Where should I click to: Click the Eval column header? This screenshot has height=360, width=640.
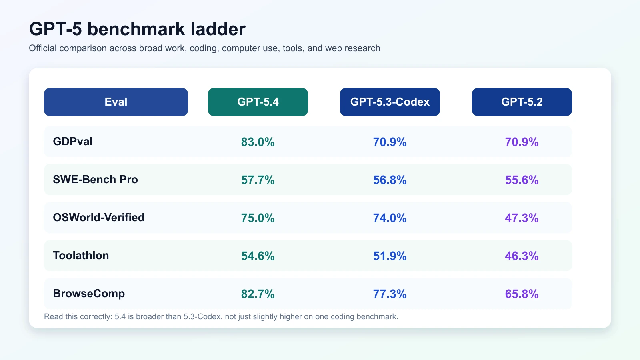click(x=116, y=102)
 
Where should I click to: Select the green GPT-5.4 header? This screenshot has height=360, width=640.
click(x=258, y=102)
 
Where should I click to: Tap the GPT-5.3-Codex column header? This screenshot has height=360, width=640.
click(x=390, y=102)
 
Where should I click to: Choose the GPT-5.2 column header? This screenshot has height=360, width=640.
click(x=522, y=102)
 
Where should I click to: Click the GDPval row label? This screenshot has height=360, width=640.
click(x=73, y=142)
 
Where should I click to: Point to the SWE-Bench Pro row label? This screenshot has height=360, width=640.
click(x=95, y=180)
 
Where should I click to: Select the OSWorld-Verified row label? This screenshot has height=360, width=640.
click(x=99, y=218)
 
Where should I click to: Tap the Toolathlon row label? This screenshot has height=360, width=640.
click(x=81, y=256)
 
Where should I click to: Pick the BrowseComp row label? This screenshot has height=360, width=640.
click(x=89, y=294)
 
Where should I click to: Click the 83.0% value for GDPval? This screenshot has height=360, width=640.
click(x=258, y=142)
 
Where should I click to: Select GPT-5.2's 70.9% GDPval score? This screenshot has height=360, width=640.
click(x=522, y=142)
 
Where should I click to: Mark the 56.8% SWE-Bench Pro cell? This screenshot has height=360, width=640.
click(x=390, y=180)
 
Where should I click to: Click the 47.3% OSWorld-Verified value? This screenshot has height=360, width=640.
click(x=522, y=218)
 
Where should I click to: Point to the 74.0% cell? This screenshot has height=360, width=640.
click(x=390, y=218)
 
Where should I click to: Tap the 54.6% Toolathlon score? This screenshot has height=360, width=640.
click(x=258, y=256)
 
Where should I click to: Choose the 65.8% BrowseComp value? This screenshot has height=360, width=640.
click(x=522, y=294)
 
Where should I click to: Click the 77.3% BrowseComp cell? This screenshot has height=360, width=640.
click(x=390, y=294)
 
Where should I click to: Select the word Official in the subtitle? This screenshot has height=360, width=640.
click(x=43, y=48)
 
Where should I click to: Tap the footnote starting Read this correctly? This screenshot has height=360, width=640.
click(x=221, y=317)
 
